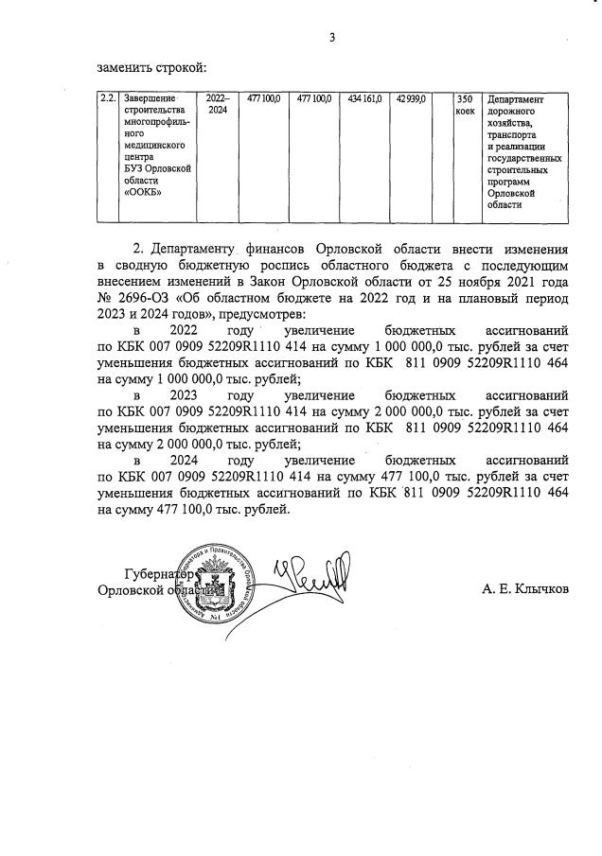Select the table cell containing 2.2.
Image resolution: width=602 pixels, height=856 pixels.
tap(108, 98)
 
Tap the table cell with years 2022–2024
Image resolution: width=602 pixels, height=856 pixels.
tap(217, 104)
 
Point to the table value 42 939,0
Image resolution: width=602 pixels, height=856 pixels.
tap(413, 98)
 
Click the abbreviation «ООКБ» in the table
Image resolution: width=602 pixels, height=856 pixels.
tap(141, 193)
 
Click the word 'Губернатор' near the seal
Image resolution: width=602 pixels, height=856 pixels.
tap(159, 574)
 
